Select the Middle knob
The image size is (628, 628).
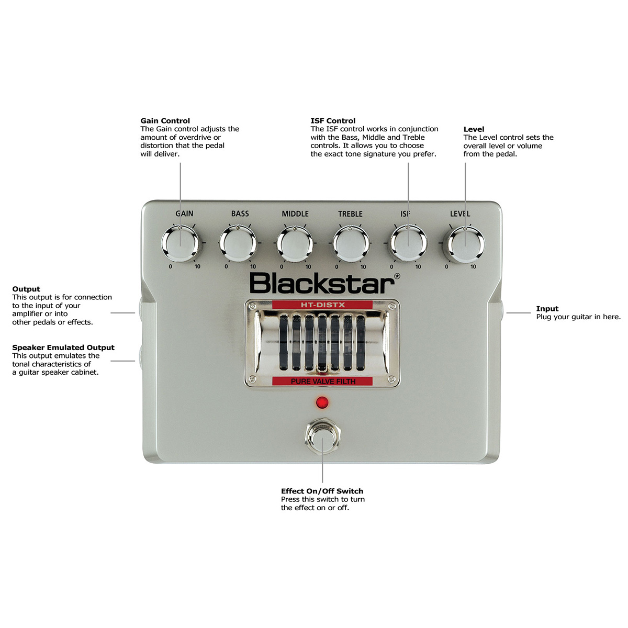pos(295,244)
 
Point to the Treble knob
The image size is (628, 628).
pos(351,244)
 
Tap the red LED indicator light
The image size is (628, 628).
pos(322,402)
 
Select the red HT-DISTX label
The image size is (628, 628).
pos(322,305)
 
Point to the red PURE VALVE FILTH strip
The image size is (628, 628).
pos(322,382)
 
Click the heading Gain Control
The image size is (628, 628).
pos(165,121)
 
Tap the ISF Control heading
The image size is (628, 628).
pos(333,121)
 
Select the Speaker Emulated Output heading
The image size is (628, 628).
pos(63,347)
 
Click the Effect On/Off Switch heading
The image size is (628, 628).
pos(322,491)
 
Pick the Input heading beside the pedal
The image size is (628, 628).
pos(547,309)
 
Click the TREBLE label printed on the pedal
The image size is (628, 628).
pos(350,214)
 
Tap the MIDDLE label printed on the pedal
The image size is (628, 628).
pos(295,214)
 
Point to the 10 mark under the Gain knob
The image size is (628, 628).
pos(197,267)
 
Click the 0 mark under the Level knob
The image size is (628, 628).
pos(446,267)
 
